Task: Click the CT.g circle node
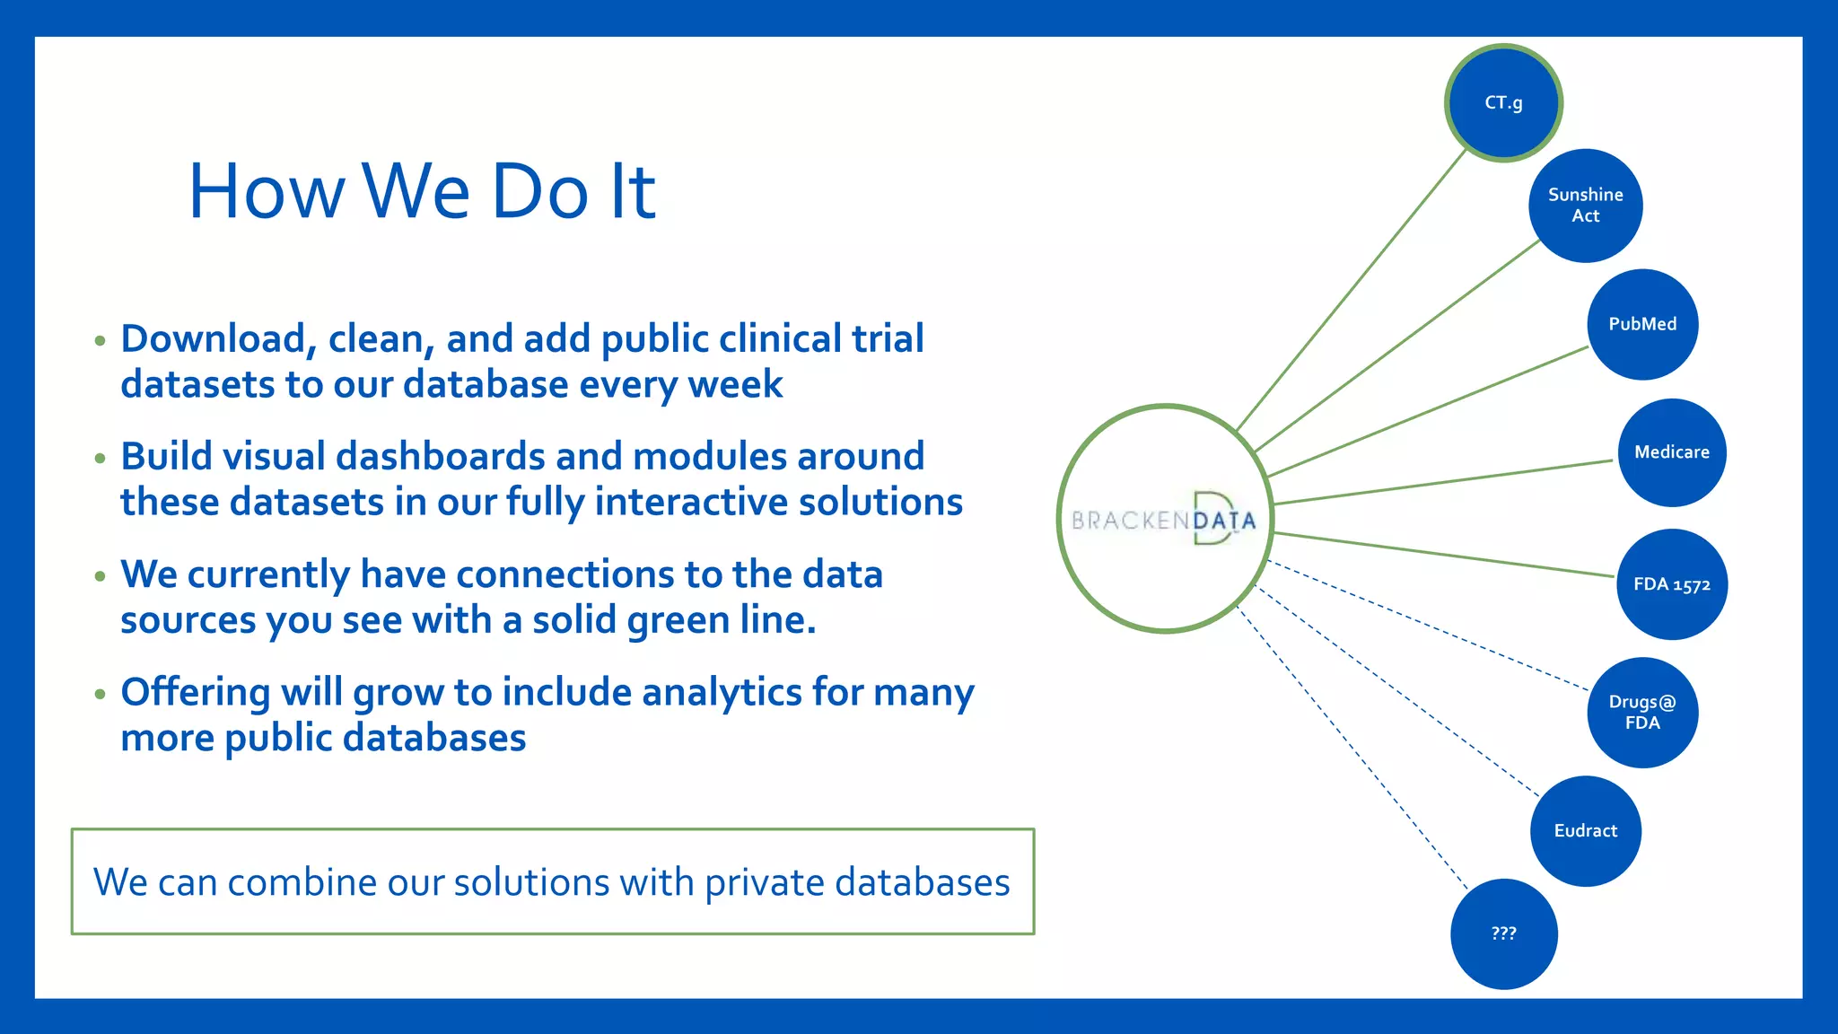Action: [1503, 103]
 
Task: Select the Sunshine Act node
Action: [1585, 206]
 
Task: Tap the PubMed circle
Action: [1642, 324]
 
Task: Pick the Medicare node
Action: [1671, 452]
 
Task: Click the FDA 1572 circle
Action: [1671, 584]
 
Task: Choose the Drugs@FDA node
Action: [1642, 713]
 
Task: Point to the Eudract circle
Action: [1585, 831]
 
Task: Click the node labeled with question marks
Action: [1503, 933]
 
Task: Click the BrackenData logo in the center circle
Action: [1164, 520]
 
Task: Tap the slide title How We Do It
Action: [422, 191]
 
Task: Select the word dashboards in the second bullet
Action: [440, 457]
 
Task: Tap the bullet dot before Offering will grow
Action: [100, 694]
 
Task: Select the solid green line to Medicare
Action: [1442, 482]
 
